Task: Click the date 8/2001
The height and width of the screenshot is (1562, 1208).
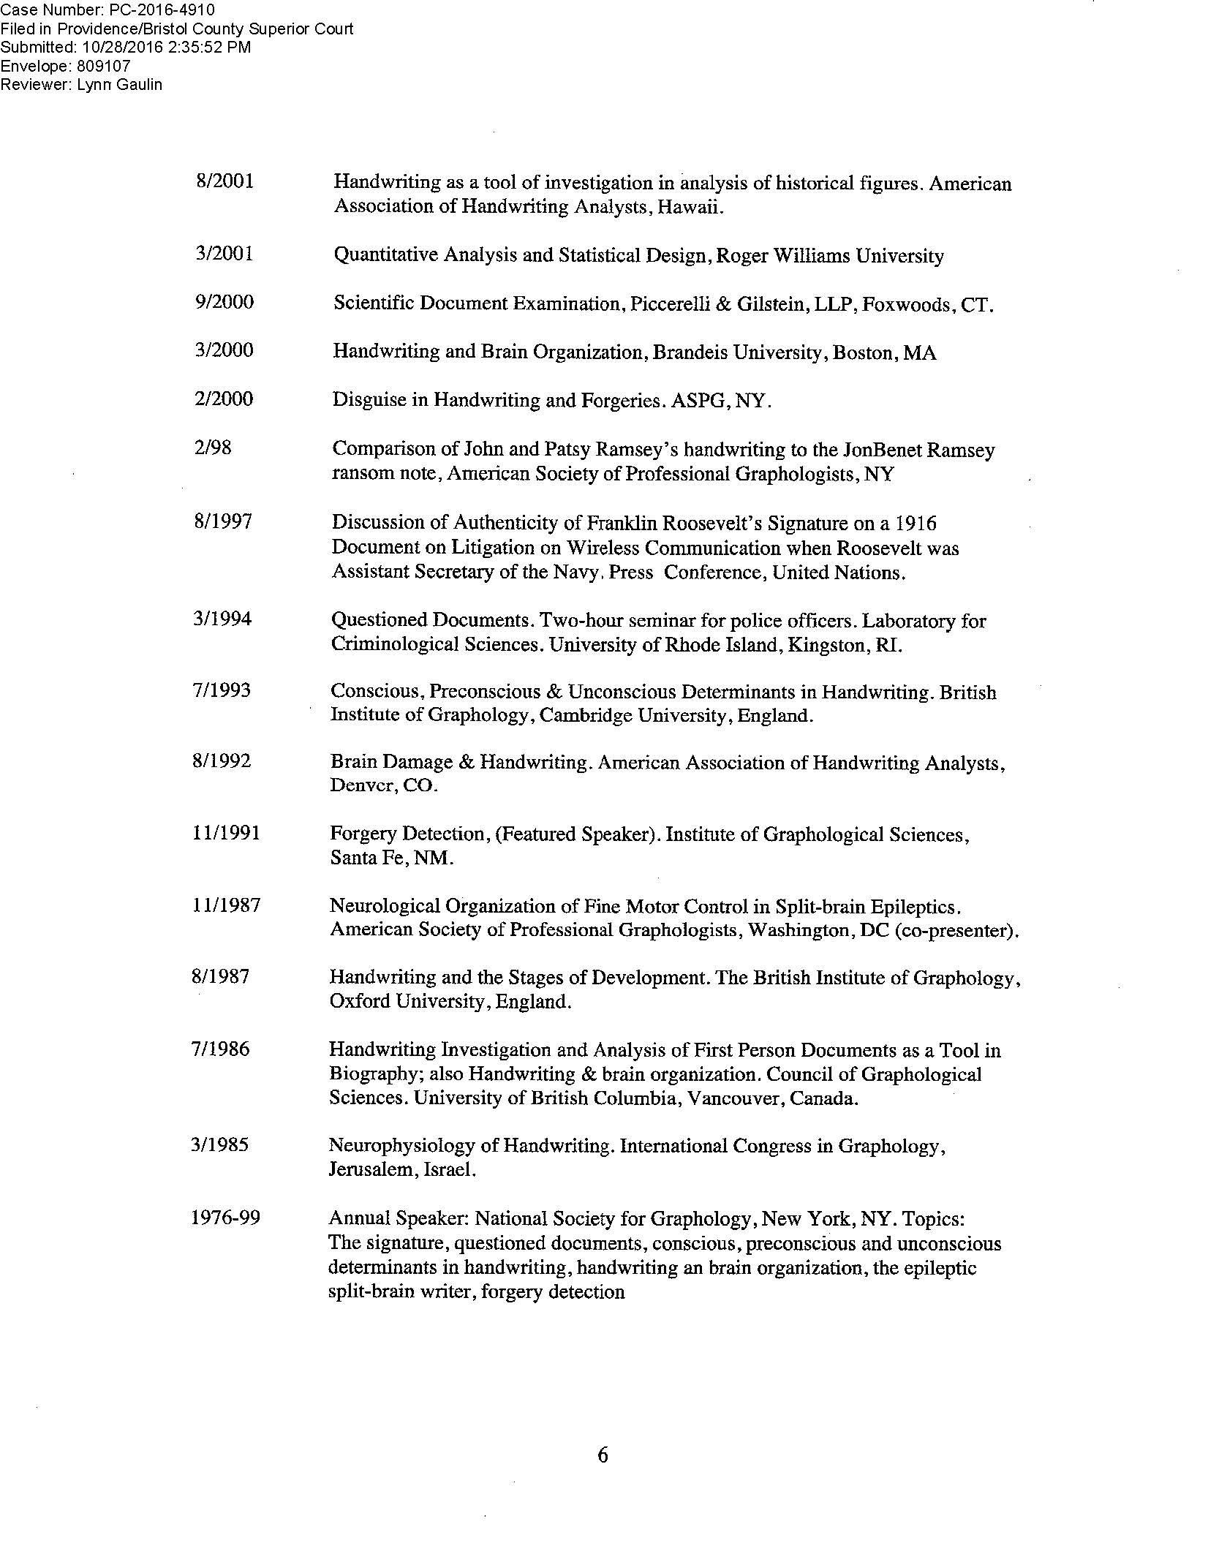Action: (x=224, y=181)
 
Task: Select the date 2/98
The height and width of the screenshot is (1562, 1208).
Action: (x=212, y=448)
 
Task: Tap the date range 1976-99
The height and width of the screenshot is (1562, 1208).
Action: (x=225, y=1218)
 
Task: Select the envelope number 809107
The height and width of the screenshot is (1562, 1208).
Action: (x=104, y=66)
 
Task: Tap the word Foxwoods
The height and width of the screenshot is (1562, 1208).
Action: (x=905, y=304)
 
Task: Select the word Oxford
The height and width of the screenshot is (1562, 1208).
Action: (x=360, y=1001)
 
